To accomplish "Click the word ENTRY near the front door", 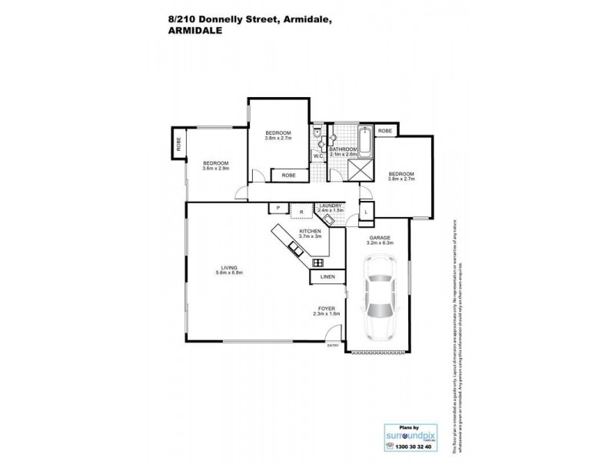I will [332, 346].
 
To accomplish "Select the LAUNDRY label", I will [331, 205].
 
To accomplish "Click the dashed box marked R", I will [301, 211].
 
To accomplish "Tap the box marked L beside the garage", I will [367, 211].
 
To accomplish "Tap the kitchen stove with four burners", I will [317, 263].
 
